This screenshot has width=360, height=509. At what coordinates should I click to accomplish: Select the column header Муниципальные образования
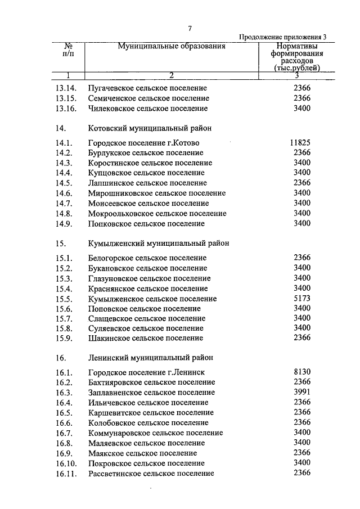tap(172, 47)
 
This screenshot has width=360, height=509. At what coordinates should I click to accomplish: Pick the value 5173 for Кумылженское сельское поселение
tap(302, 299)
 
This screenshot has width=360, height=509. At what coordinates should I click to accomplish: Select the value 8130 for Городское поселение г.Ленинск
tap(302, 372)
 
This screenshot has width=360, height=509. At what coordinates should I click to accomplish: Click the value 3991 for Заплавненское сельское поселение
tap(302, 393)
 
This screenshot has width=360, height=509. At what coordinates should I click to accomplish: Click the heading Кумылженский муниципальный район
tap(159, 244)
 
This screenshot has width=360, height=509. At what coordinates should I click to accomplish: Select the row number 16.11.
tap(66, 474)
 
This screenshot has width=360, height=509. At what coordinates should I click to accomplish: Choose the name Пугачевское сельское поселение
tap(147, 88)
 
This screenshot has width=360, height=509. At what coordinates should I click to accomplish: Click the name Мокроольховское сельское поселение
tap(157, 214)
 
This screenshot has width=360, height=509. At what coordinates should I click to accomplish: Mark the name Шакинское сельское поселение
tap(146, 339)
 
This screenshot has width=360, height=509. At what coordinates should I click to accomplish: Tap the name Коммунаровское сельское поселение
tap(156, 433)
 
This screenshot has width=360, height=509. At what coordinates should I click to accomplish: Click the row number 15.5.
tap(64, 299)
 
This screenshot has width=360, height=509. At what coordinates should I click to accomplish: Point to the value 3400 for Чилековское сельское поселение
tap(302, 109)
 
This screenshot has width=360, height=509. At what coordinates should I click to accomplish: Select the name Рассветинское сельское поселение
tap(151, 474)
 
